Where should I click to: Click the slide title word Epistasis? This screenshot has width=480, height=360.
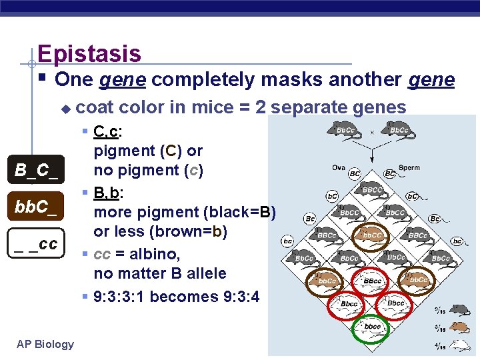tap(89, 53)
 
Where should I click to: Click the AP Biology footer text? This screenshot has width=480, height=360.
tap(45, 344)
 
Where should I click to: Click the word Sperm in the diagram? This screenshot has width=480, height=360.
tap(409, 167)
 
